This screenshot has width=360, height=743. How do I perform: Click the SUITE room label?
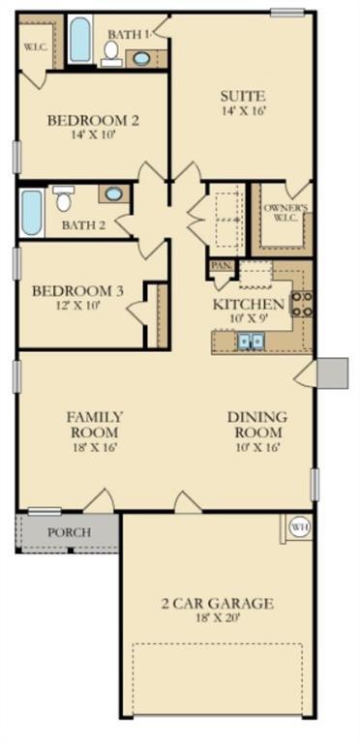(x=243, y=96)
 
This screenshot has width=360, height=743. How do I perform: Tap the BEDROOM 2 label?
(x=94, y=121)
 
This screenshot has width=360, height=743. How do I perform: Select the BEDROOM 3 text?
(x=77, y=291)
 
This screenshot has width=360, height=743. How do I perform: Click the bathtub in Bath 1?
(x=79, y=41)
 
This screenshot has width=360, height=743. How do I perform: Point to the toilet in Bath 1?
(x=111, y=51)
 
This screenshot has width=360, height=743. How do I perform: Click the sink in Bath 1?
(x=141, y=58)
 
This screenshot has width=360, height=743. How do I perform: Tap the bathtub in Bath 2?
(x=32, y=213)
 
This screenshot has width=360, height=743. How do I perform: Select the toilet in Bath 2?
(x=64, y=199)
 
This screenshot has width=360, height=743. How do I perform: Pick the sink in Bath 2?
(x=113, y=194)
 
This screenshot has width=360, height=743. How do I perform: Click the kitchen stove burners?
(x=301, y=304)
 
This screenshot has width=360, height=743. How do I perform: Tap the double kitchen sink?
(x=251, y=340)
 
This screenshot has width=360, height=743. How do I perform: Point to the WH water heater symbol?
(x=299, y=527)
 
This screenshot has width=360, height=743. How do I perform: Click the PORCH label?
(x=69, y=532)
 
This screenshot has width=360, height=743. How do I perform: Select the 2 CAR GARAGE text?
(x=217, y=604)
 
